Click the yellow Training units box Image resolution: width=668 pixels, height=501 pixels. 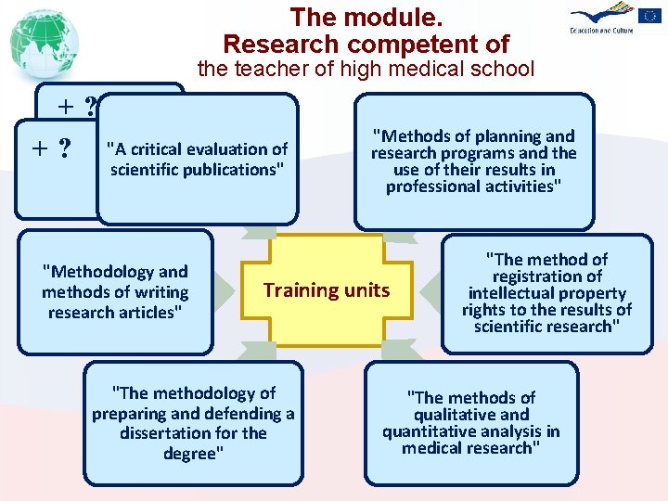(327, 290)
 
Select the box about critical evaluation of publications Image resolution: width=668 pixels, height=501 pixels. (199, 159)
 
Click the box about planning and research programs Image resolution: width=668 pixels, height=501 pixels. (473, 161)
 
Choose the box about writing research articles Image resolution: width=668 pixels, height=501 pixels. (115, 291)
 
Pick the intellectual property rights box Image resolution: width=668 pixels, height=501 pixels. (546, 292)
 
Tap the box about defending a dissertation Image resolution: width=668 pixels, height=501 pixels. (193, 423)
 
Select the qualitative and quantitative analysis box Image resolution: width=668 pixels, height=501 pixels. (471, 422)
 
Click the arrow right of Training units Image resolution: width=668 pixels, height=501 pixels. (430, 292)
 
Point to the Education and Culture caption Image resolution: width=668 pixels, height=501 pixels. (604, 31)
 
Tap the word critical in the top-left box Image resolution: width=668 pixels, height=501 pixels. (151, 148)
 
